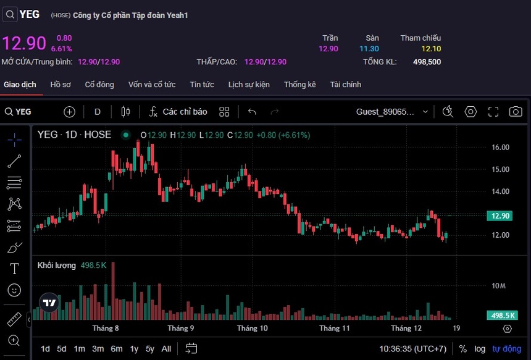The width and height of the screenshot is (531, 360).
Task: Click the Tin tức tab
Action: tap(202, 85)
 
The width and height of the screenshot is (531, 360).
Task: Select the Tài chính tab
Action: tap(345, 85)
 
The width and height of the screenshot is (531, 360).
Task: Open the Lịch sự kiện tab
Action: tap(249, 85)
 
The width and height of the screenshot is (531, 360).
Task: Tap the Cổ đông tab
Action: tap(99, 85)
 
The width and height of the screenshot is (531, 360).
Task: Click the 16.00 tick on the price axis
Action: tap(500, 148)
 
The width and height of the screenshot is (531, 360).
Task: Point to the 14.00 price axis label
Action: tap(500, 191)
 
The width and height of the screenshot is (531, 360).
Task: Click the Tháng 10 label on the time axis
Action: tap(253, 329)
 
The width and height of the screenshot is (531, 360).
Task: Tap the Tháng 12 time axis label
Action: tap(406, 329)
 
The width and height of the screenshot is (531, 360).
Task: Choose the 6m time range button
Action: tap(116, 349)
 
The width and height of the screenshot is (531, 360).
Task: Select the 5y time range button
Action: tap(150, 349)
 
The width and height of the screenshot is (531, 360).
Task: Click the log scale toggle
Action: tap(480, 349)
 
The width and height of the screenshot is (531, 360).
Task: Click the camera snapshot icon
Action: tap(515, 112)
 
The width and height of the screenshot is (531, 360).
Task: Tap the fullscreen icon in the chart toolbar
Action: tap(493, 112)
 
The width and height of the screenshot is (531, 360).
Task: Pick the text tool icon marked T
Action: tap(14, 269)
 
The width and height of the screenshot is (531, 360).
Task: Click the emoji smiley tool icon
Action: tap(14, 290)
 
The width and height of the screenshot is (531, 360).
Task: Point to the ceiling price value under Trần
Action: tap(328, 49)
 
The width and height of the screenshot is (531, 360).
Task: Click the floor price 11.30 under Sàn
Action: tap(369, 49)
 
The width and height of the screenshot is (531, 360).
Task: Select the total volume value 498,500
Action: tap(427, 62)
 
